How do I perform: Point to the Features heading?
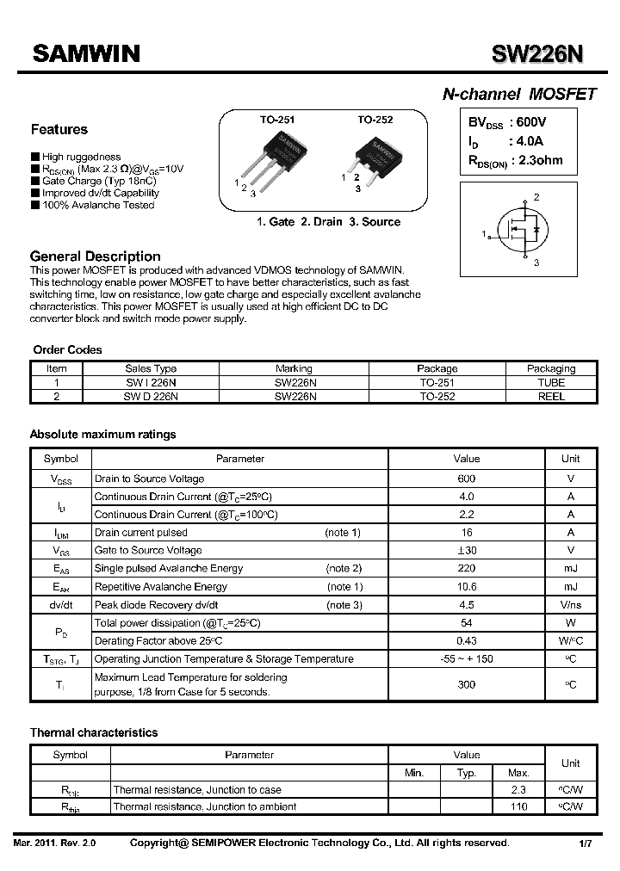[59, 130]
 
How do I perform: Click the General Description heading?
[96, 256]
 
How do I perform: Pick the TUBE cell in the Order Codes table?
[551, 382]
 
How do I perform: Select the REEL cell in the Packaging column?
[551, 397]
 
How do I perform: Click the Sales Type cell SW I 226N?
[151, 382]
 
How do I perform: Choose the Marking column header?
[294, 368]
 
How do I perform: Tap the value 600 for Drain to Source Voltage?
[467, 479]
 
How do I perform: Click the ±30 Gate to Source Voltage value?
[467, 550]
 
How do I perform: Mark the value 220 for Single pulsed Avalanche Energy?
[467, 568]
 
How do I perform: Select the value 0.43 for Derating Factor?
[467, 641]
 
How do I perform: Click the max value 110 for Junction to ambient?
[518, 806]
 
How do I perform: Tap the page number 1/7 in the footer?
[585, 844]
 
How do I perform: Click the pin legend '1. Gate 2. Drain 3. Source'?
[328, 222]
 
